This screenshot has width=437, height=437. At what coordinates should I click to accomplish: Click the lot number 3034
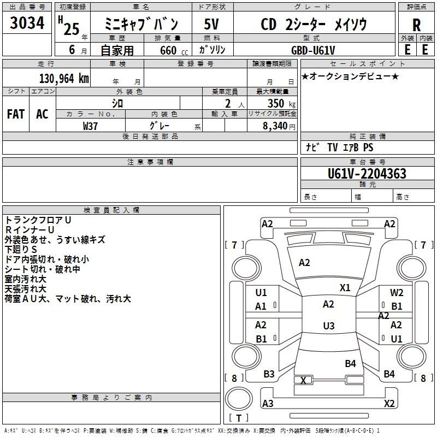point(27,23)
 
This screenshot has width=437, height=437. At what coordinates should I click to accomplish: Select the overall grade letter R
point(416,25)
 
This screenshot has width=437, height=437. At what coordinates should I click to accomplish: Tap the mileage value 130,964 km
point(64,79)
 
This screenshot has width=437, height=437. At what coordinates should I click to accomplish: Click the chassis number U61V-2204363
point(367,174)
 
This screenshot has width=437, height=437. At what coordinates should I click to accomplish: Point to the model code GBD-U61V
point(313,50)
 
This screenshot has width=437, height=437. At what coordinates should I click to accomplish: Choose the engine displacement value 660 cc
point(174,51)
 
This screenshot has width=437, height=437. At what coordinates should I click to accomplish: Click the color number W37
point(90,126)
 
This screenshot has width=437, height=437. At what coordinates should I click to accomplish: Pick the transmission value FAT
point(16,114)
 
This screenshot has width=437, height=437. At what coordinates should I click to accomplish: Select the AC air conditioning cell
point(42,114)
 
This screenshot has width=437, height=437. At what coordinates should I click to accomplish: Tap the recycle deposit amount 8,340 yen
point(279,126)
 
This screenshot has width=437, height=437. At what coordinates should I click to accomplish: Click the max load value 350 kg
point(281,103)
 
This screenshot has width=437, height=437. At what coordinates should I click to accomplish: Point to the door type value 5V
point(211,24)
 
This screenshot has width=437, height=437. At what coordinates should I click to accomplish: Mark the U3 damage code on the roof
point(329,326)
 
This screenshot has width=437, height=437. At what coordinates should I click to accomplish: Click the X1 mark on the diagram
point(345,288)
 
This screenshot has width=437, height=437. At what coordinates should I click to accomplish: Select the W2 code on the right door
point(397,292)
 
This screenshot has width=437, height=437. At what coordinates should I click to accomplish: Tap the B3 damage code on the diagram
point(269,374)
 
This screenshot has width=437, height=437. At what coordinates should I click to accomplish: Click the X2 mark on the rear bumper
point(389,403)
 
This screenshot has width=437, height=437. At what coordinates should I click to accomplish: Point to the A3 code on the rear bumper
point(268,403)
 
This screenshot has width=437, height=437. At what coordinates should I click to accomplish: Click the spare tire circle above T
point(239,399)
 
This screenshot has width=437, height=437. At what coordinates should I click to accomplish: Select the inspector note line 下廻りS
point(21,249)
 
